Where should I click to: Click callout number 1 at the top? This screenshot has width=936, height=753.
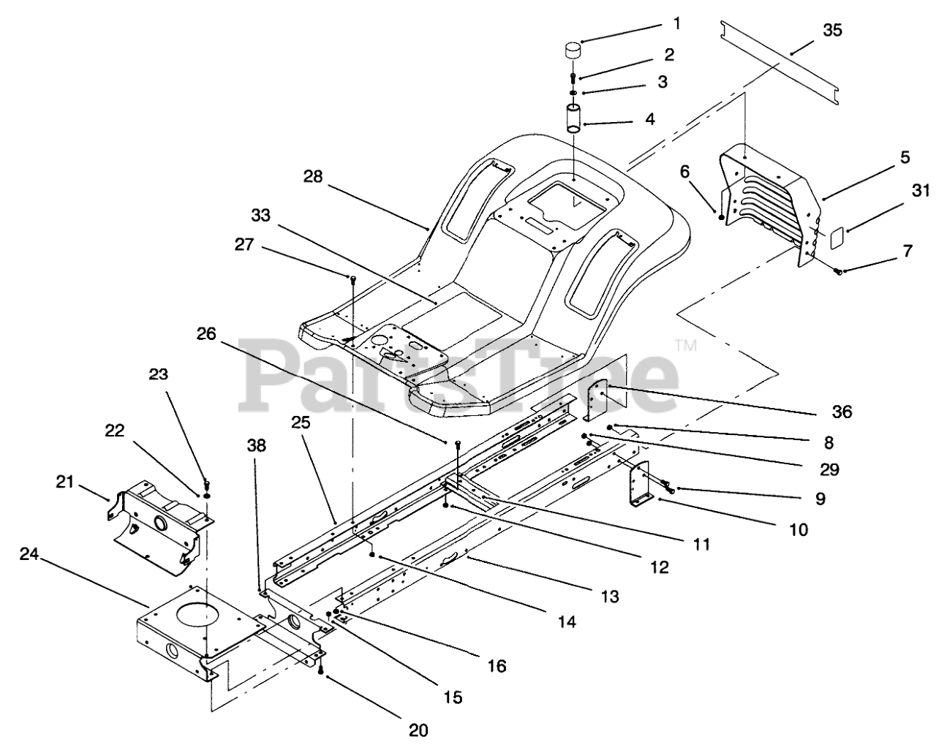676,24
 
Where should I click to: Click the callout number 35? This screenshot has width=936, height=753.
832,31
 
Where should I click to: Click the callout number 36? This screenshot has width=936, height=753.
842,412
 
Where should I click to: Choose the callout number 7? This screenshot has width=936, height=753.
907,251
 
